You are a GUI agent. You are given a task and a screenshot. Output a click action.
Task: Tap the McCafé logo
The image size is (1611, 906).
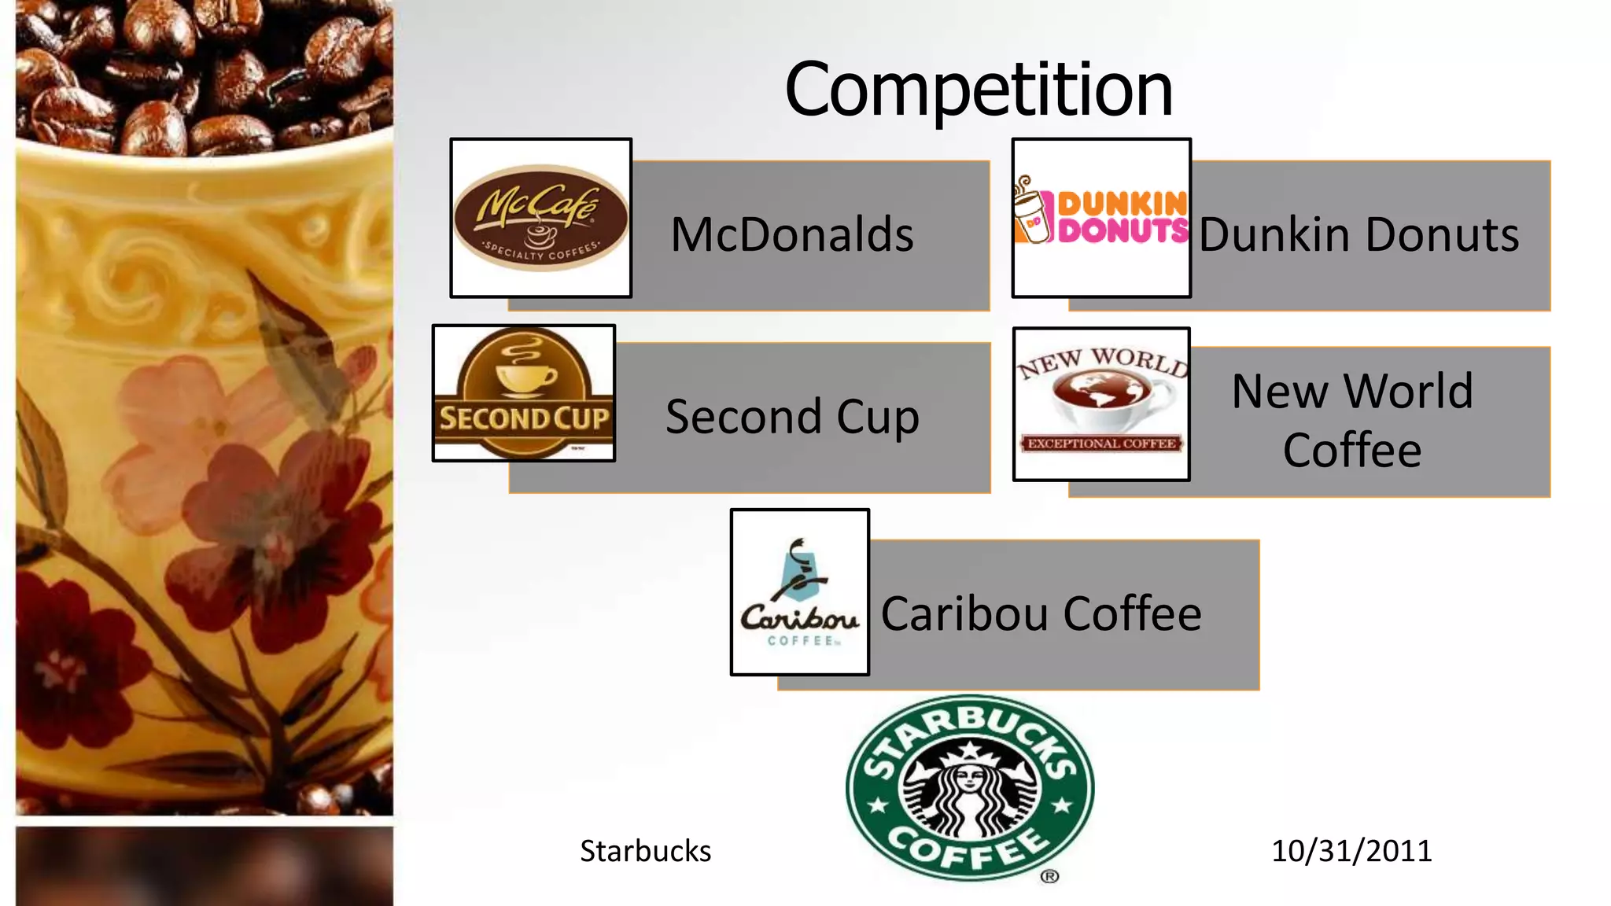[540, 218]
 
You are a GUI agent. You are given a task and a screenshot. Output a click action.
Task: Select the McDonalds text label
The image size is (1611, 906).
[791, 234]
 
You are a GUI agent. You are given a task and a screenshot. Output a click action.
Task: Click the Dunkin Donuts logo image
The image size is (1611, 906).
[1101, 217]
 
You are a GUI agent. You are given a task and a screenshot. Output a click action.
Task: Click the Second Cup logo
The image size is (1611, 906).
[523, 393]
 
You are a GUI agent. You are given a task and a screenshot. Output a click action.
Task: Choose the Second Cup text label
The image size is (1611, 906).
[791, 416]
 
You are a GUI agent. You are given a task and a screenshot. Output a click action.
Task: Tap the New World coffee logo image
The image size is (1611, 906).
[1101, 403]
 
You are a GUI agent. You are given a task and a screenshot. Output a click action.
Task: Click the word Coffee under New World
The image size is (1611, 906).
[1351, 450]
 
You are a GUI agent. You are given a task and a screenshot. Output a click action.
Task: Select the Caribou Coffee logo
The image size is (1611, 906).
[799, 591]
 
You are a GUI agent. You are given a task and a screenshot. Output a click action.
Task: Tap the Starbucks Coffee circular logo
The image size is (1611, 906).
[969, 787]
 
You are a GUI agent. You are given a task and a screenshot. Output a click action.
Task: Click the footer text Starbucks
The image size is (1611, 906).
[645, 851]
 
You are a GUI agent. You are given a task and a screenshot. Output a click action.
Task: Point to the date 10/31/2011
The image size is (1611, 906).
[1351, 851]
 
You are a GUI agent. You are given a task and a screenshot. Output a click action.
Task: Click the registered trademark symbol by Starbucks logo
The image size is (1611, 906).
[1049, 876]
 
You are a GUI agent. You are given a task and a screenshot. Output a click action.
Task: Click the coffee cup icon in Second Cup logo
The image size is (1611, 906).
[525, 374]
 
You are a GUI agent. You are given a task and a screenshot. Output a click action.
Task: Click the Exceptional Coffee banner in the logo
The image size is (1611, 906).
[1101, 444]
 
